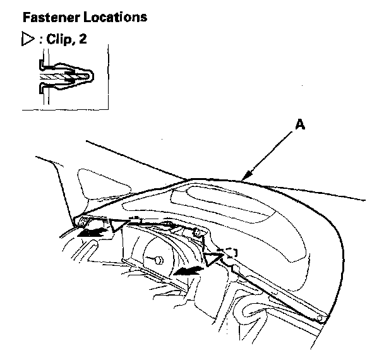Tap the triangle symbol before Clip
coord(27,40)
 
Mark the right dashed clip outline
coord(230,252)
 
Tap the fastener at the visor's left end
coord(80,222)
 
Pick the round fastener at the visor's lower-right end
coord(321,320)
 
